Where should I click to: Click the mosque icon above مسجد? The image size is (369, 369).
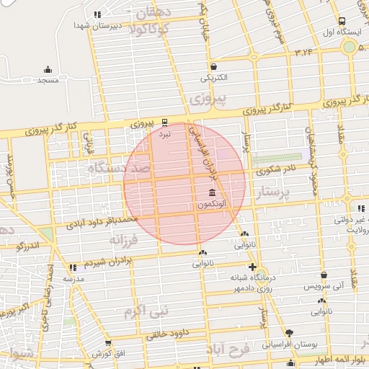click(x=48, y=70)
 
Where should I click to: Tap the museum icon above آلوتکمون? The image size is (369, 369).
click(x=211, y=194)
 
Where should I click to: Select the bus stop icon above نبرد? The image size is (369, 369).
click(x=165, y=122)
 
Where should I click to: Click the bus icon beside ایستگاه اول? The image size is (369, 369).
click(x=341, y=21)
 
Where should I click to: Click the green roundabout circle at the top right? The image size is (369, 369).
click(x=350, y=47)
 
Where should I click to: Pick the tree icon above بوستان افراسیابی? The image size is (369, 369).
click(x=290, y=333)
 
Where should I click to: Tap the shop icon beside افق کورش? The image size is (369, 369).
click(x=108, y=344)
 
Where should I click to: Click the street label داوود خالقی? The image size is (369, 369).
click(x=166, y=334)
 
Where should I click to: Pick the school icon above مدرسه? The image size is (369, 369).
click(x=71, y=267)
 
